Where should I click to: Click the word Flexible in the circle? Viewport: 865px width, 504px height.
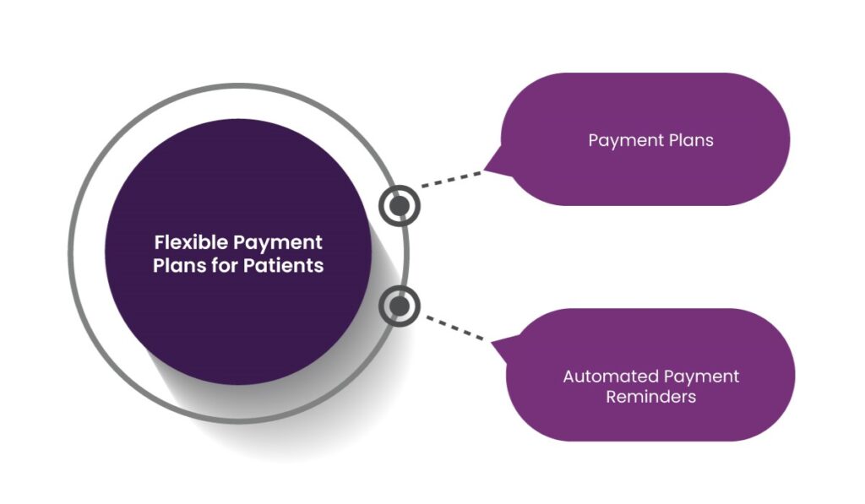point(191,242)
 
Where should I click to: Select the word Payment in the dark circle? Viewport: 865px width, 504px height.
point(277,243)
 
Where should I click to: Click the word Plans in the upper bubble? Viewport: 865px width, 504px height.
point(691,140)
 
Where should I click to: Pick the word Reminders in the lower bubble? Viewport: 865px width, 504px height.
point(651,397)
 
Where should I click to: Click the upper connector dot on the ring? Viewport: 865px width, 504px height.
point(400,206)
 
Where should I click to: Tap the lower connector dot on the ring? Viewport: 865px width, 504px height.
point(400,306)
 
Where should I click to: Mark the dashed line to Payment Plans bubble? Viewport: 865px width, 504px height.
point(451,179)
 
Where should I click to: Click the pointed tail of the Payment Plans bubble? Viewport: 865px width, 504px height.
point(484,170)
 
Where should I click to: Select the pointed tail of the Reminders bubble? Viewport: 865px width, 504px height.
point(492,343)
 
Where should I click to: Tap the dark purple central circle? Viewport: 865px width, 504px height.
point(238,252)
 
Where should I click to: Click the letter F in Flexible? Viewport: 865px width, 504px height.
point(160,242)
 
